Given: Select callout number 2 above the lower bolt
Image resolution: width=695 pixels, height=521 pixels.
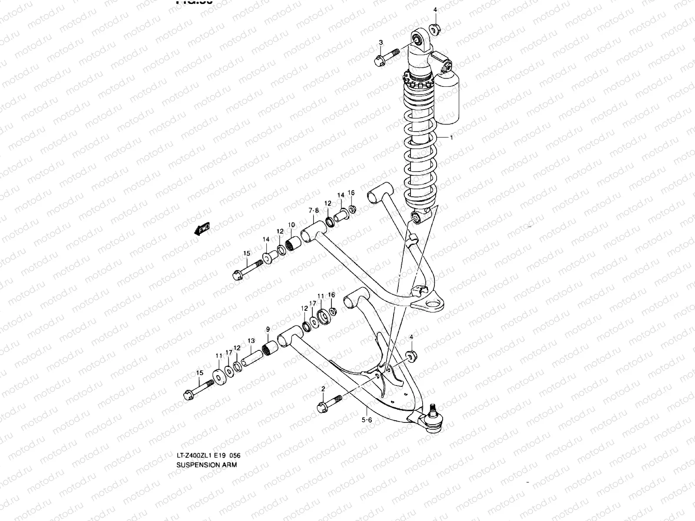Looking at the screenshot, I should [323, 389].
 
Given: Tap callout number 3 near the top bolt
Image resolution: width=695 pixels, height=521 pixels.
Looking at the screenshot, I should [381, 43].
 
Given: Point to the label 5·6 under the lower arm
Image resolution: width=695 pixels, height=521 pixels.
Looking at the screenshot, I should [367, 419].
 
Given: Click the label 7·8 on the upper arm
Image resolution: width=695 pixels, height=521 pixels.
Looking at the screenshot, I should [314, 211].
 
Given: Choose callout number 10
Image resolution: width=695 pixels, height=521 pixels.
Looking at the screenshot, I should [291, 225].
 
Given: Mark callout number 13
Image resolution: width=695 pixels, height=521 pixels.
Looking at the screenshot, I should [251, 341].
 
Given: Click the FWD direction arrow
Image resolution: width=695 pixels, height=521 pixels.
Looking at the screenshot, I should [202, 228].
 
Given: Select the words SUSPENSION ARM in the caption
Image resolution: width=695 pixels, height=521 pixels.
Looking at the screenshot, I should [207, 464].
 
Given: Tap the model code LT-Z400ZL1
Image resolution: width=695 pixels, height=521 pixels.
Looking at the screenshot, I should [195, 455].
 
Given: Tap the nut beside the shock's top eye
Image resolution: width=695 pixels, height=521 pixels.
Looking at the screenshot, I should [435, 30].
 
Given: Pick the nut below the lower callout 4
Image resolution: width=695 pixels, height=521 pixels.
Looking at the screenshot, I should [411, 356].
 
